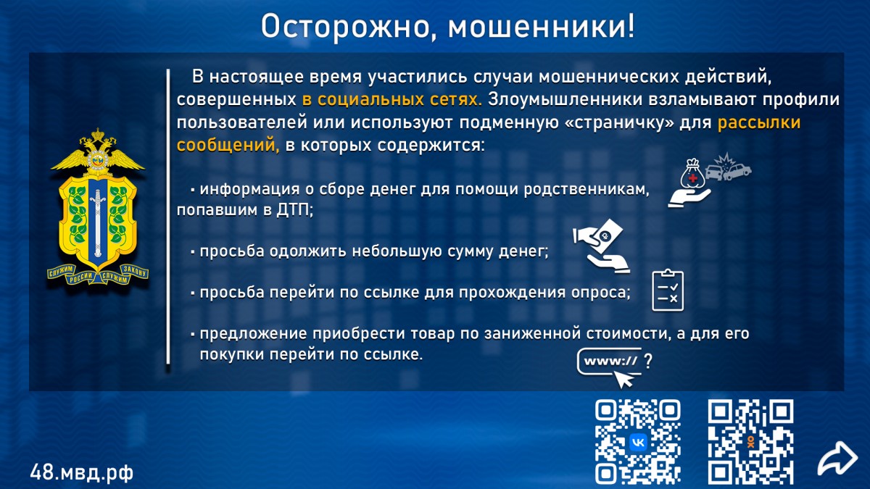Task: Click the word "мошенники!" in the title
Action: tap(542, 26)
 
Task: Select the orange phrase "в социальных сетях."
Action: tap(392, 99)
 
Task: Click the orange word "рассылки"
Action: tap(759, 123)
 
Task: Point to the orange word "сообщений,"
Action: tap(228, 146)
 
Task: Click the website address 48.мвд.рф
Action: tap(81, 472)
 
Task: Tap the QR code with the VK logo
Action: tap(638, 442)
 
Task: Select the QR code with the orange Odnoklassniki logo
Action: tap(750, 442)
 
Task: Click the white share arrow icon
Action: tap(837, 459)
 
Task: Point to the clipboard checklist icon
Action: tap(668, 290)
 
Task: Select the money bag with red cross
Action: tap(692, 175)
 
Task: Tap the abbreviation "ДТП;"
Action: tap(295, 210)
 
